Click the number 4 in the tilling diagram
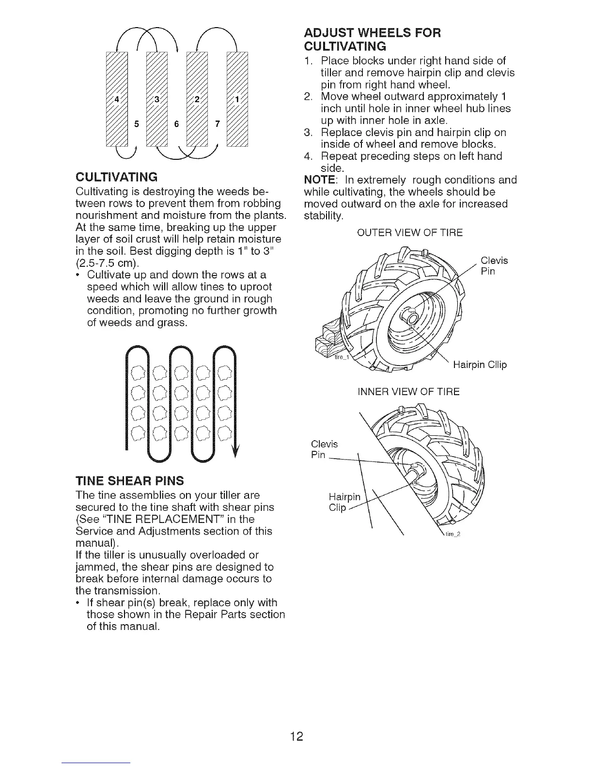[x=116, y=100]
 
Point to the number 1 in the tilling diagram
[x=236, y=100]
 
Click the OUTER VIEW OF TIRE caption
[x=410, y=233]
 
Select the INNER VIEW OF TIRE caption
[x=408, y=391]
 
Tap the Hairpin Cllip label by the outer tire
[x=480, y=365]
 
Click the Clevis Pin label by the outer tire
[x=494, y=266]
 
